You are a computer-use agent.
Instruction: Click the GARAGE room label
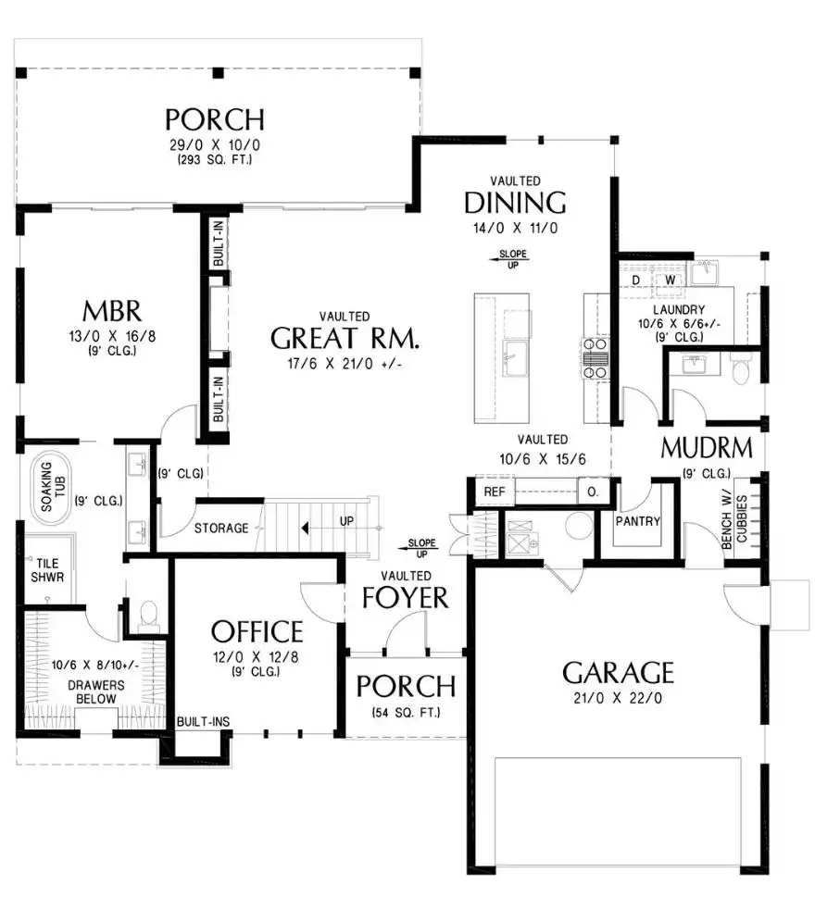(x=618, y=672)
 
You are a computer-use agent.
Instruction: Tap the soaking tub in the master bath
(x=47, y=487)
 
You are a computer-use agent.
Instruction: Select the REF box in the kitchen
(x=495, y=492)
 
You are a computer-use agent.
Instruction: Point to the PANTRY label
(x=637, y=521)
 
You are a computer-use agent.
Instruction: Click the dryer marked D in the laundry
(x=636, y=280)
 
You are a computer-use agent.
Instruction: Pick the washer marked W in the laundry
(x=670, y=280)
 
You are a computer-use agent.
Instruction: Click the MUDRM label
(x=707, y=447)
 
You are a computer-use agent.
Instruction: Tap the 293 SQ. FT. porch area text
(x=215, y=159)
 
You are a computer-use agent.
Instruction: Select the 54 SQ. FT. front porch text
(x=406, y=713)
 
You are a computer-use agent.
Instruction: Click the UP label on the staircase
(x=347, y=521)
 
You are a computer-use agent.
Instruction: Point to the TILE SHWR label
(x=47, y=570)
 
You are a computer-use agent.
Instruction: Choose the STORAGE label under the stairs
(x=221, y=529)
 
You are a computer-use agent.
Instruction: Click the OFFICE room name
(x=257, y=632)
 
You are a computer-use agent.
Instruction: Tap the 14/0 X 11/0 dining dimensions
(x=515, y=228)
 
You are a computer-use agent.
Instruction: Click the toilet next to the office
(x=149, y=616)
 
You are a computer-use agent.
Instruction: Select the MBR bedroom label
(x=112, y=311)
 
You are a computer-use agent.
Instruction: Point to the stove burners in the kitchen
(x=596, y=358)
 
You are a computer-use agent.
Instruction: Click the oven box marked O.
(x=593, y=492)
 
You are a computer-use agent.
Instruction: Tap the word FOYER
(x=406, y=597)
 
